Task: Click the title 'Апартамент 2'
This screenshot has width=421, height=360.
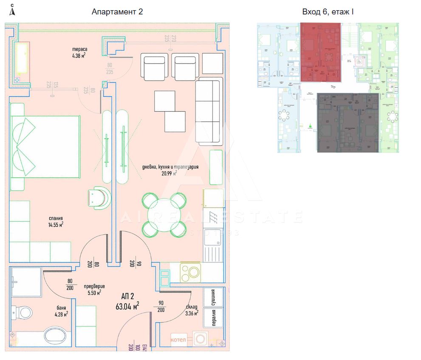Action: pyautogui.click(x=117, y=12)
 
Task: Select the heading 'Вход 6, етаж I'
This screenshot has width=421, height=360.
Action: pyautogui.click(x=328, y=12)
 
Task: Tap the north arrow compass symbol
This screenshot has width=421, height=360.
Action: pyautogui.click(x=12, y=11)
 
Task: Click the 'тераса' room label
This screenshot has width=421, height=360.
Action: pyautogui.click(x=79, y=49)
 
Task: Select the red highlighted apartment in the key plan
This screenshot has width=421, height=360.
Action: pyautogui.click(x=321, y=52)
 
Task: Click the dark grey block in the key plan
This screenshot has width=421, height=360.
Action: pyautogui.click(x=348, y=123)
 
